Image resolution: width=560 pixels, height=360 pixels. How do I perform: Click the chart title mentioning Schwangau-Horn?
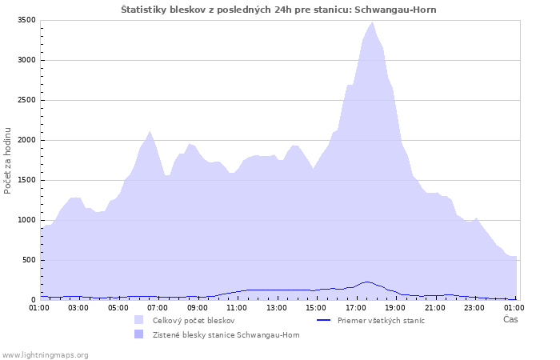coord(278,10)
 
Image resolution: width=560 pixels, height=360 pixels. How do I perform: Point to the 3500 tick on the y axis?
coord(26,20)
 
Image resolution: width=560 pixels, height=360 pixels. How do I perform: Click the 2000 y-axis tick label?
coord(26,140)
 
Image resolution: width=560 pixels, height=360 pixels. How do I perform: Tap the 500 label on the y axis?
coord(29,260)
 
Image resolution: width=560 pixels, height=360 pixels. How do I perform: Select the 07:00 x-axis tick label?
coord(158,308)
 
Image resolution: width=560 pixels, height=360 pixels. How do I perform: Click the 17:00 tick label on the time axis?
coord(356,308)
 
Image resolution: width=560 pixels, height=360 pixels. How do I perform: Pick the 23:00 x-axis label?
coord(474,308)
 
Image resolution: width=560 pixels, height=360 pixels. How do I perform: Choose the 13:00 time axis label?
coord(277,308)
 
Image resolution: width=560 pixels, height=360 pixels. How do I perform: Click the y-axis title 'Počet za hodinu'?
coord(7,161)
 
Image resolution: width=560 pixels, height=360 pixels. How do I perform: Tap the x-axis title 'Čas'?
coord(510,319)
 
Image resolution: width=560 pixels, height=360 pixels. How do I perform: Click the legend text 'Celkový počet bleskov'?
coord(194,321)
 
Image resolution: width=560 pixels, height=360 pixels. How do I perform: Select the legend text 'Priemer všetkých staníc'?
coord(381,321)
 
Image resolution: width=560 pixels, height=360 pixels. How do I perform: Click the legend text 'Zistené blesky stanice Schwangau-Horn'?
coord(226,335)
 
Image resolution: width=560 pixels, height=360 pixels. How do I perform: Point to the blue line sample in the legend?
coord(323,320)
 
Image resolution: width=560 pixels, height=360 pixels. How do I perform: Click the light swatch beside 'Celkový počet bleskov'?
coord(139,320)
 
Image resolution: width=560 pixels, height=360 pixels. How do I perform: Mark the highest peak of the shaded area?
coord(372,22)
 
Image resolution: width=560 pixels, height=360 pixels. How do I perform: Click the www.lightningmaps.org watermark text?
coord(44,355)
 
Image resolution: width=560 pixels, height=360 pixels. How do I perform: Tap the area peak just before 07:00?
coord(150,131)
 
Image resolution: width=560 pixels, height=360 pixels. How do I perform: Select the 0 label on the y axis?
coord(34,300)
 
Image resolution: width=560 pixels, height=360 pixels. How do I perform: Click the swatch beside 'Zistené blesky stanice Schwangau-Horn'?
coord(139,334)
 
